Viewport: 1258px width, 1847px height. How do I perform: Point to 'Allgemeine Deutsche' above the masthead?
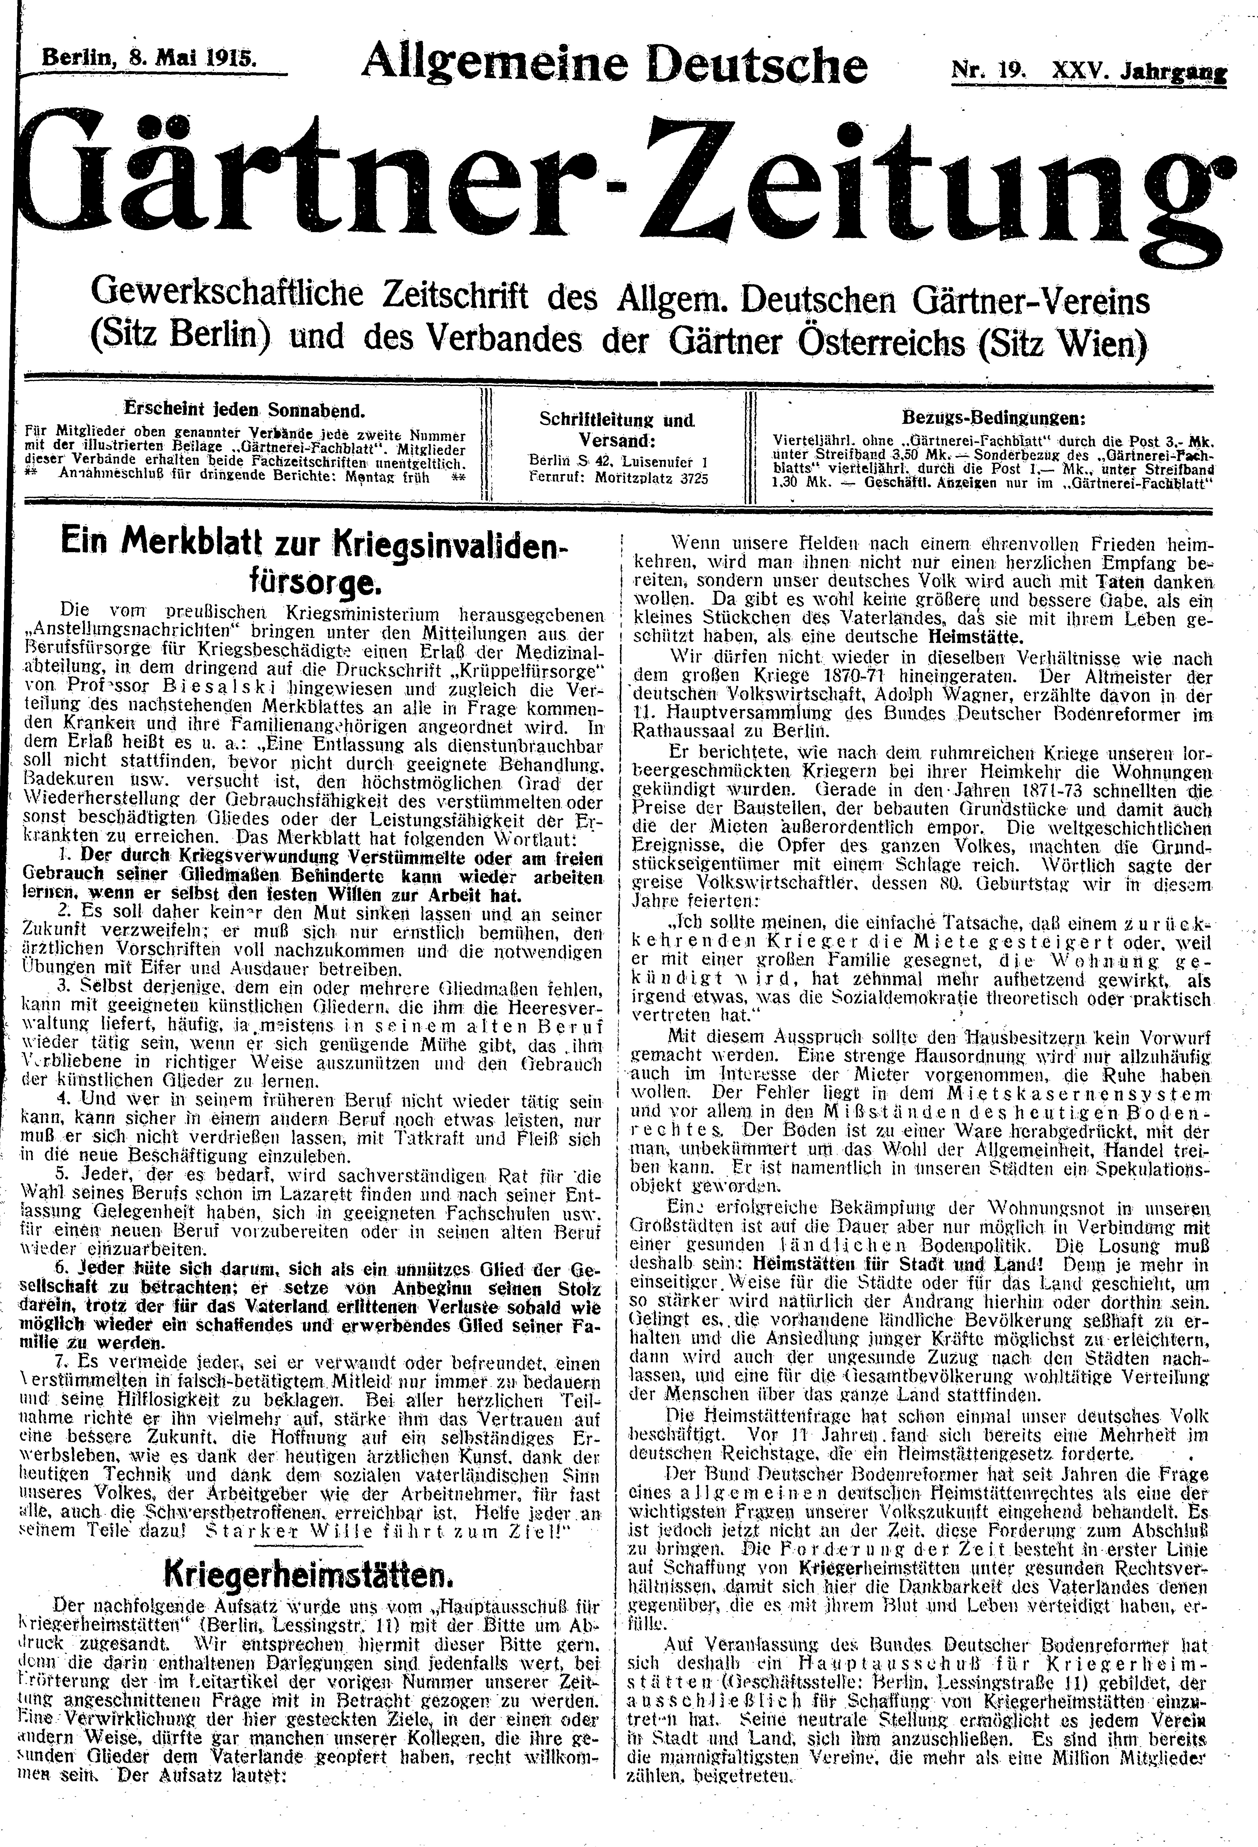tap(613, 64)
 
